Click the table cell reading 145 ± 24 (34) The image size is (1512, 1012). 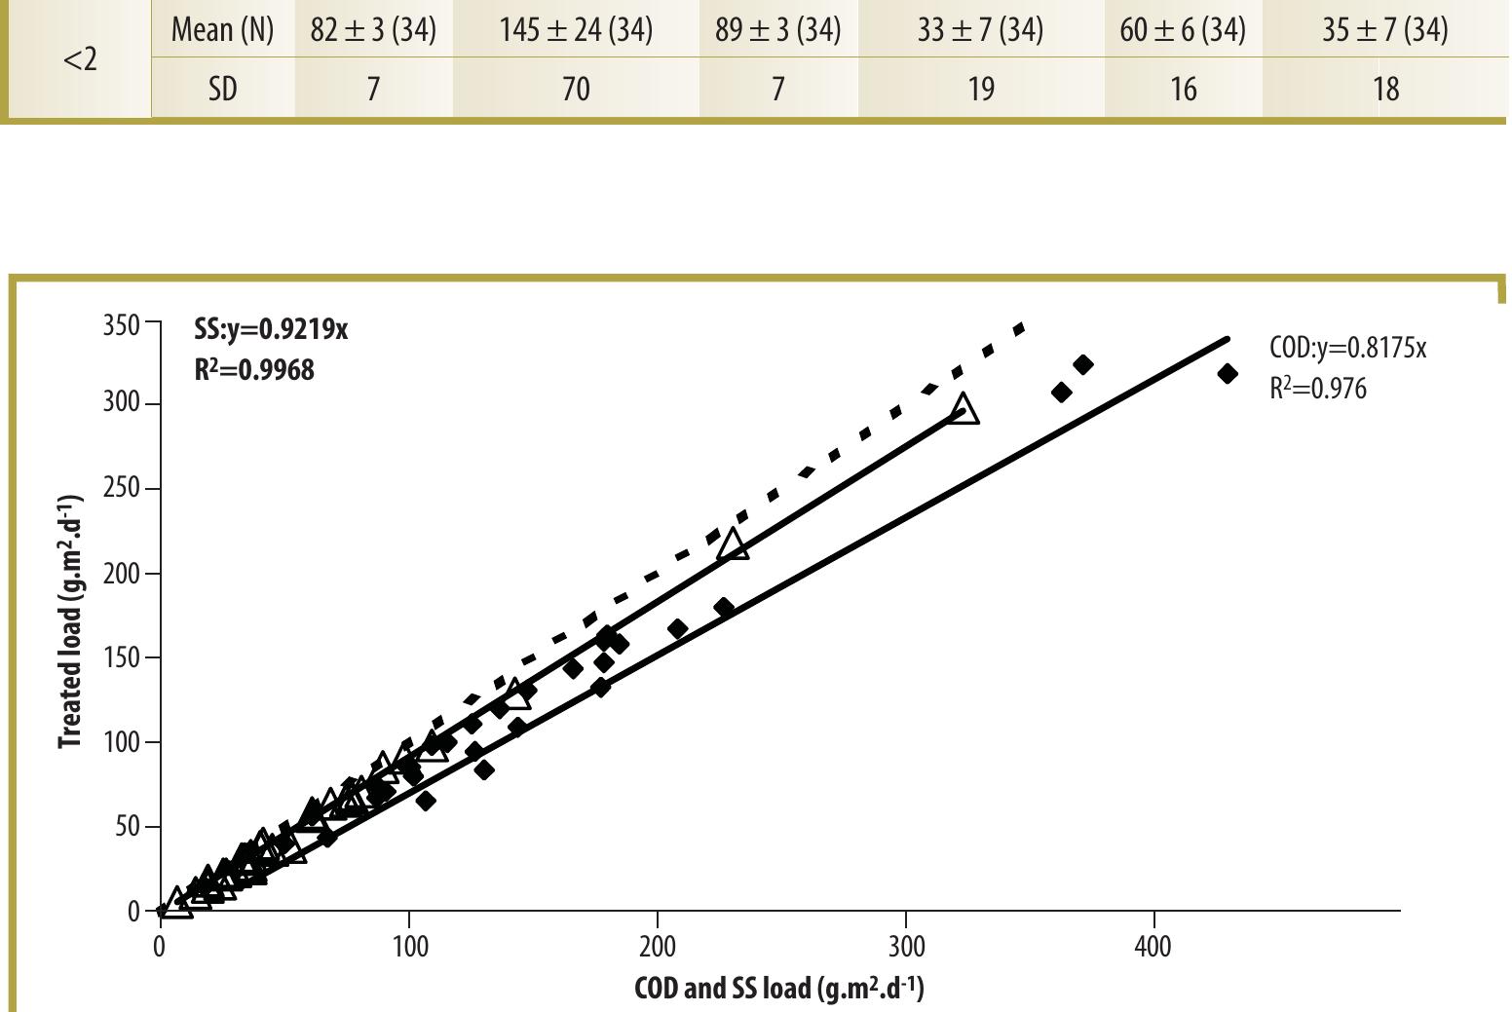pyautogui.click(x=576, y=29)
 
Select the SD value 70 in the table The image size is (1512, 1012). pyautogui.click(x=576, y=89)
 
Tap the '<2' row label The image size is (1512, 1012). pyautogui.click(x=80, y=60)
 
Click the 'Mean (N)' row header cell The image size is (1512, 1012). pyautogui.click(x=223, y=29)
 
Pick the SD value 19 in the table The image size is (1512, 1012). pyautogui.click(x=981, y=89)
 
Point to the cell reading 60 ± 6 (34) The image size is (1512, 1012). pyautogui.click(x=1183, y=29)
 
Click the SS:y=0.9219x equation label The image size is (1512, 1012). pyautogui.click(x=271, y=329)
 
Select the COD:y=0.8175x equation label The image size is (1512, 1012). pyautogui.click(x=1348, y=348)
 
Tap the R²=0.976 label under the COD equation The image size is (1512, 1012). pyautogui.click(x=1317, y=388)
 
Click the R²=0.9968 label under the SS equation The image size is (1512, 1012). pyautogui.click(x=254, y=369)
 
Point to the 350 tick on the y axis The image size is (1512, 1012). pyautogui.click(x=122, y=325)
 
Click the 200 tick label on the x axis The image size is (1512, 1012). pyautogui.click(x=658, y=948)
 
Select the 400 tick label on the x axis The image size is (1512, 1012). pyautogui.click(x=1153, y=948)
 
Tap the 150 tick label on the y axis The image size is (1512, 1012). pyautogui.click(x=122, y=657)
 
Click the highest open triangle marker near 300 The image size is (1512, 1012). pyautogui.click(x=964, y=410)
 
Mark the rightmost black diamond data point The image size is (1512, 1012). pyautogui.click(x=1228, y=374)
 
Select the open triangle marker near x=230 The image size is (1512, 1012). pyautogui.click(x=733, y=545)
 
